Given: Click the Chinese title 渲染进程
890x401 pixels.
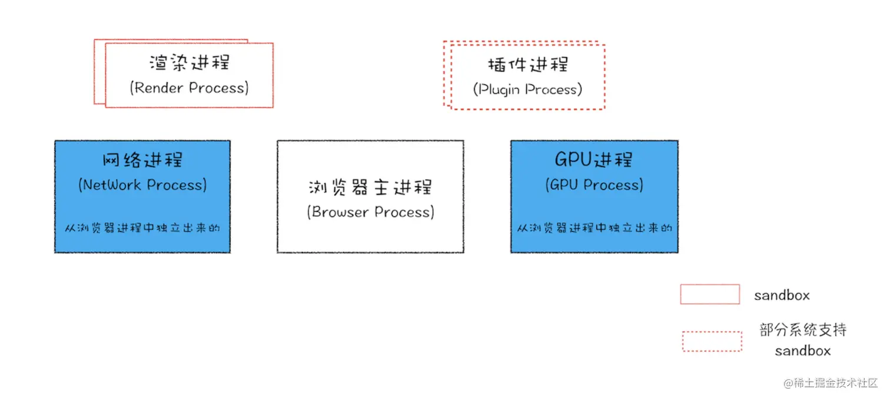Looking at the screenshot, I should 189,62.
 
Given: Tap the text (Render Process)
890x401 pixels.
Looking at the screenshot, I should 189,88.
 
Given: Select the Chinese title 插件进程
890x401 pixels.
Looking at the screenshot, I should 528,64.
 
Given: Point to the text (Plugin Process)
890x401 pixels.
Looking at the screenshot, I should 527,90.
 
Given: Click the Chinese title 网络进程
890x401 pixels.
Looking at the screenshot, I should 142,160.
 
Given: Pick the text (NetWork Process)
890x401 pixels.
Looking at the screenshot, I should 142,185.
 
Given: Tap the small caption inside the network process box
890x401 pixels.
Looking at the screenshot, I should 142,227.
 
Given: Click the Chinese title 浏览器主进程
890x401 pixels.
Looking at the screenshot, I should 370,187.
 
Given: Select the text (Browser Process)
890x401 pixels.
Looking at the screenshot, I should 370,212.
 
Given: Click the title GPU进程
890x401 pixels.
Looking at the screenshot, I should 594,160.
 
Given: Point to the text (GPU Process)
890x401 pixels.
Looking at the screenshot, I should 594,185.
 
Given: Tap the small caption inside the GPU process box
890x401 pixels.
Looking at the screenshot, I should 595,227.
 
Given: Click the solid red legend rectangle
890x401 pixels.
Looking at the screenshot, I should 710,294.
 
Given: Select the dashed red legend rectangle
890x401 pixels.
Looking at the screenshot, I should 712,342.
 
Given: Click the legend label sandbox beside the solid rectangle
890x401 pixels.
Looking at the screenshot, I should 782,295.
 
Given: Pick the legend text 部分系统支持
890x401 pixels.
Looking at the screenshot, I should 803,330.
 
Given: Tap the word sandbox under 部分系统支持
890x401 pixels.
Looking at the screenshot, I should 803,351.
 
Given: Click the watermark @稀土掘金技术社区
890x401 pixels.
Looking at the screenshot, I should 831,383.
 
